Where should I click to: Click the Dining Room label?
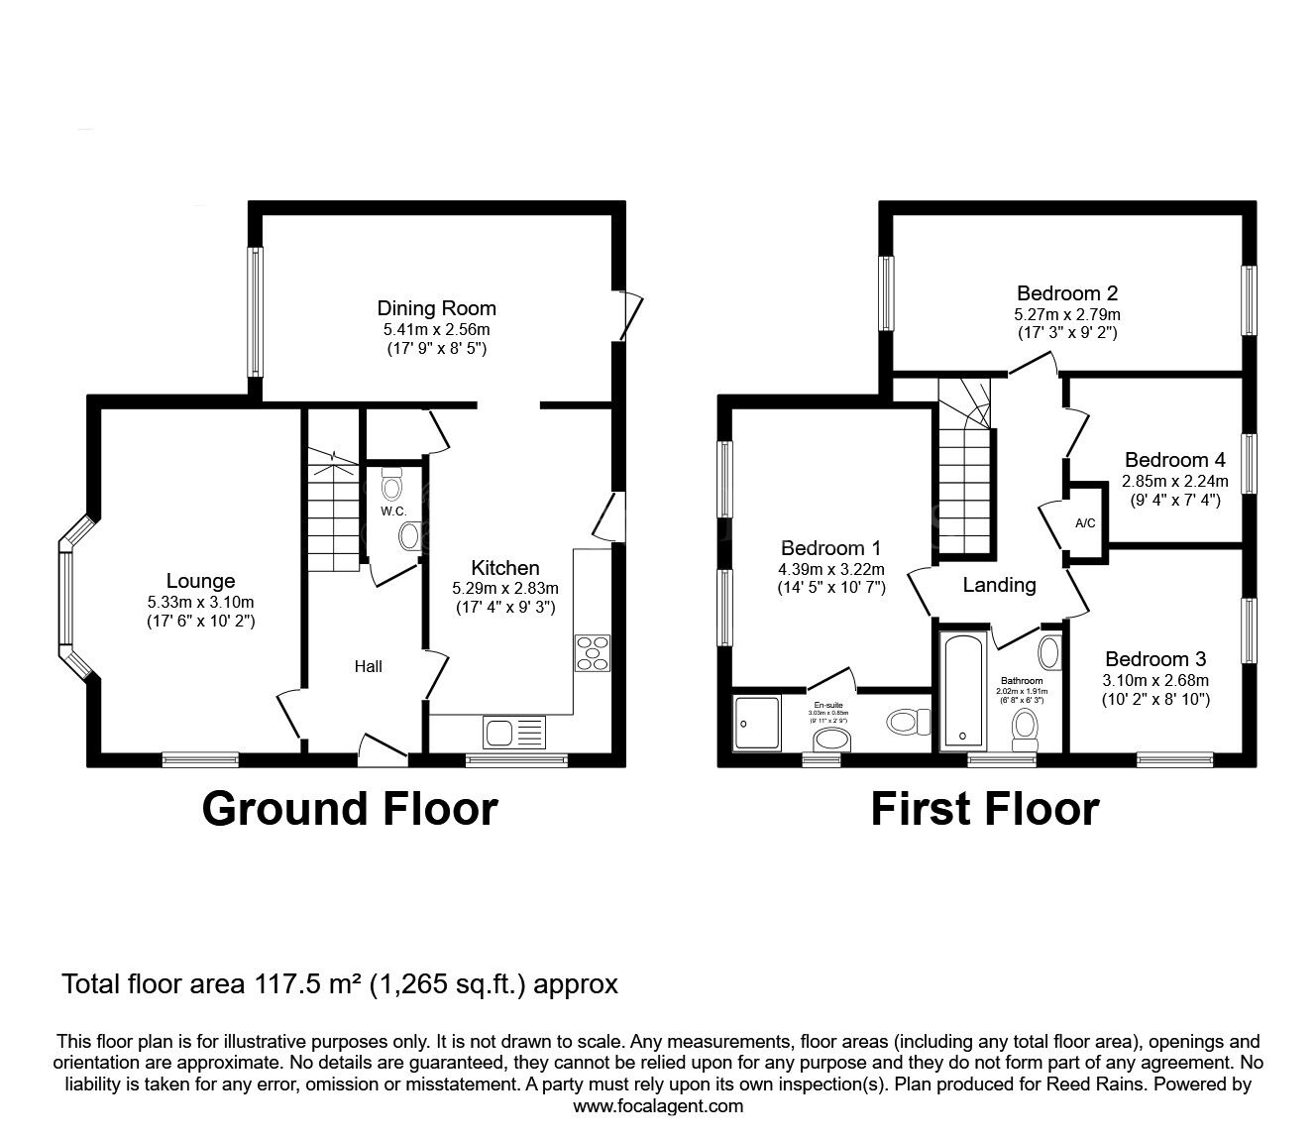(x=436, y=308)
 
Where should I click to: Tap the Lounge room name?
(x=200, y=582)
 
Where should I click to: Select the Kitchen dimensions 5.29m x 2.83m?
(x=504, y=588)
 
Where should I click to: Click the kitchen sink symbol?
(x=514, y=734)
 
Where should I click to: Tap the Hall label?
(x=369, y=667)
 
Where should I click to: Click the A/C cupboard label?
(x=1085, y=523)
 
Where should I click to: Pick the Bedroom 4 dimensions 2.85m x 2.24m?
(x=1174, y=481)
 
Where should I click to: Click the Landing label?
(x=999, y=585)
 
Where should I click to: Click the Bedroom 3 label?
(x=1155, y=659)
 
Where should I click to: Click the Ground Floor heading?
(x=349, y=809)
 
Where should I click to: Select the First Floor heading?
(x=984, y=809)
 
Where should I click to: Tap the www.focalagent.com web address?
(x=658, y=1105)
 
